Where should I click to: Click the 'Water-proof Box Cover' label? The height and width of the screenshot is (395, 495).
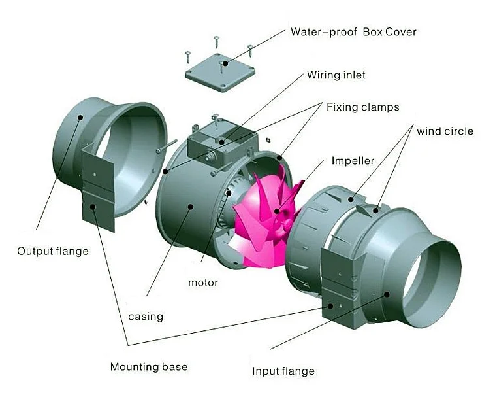tap(353, 31)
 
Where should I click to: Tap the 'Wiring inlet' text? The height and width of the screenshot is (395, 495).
tap(336, 75)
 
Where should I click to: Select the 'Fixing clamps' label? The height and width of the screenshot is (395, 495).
tap(362, 107)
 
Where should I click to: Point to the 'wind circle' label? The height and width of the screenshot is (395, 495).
tap(445, 131)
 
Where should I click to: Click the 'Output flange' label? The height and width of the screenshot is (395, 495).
tap(52, 251)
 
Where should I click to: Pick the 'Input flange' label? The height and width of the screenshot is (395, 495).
tap(283, 371)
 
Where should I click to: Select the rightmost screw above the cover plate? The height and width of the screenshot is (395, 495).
tap(250, 50)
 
